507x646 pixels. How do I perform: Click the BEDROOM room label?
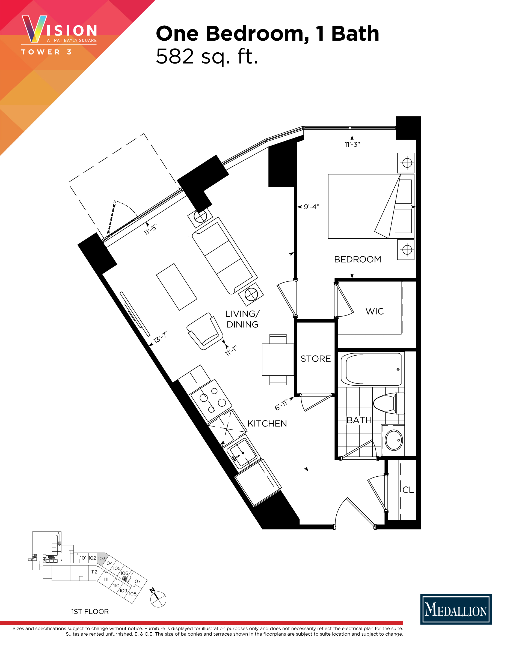(x=357, y=259)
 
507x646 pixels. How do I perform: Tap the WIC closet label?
(x=375, y=311)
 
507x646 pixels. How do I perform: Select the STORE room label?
(x=316, y=359)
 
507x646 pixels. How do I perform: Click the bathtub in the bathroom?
(x=371, y=369)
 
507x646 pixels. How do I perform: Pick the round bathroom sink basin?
(x=394, y=440)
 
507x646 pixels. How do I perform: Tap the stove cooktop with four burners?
(x=211, y=400)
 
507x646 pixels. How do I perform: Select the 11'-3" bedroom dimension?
(x=352, y=144)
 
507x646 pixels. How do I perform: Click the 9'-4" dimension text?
(x=312, y=207)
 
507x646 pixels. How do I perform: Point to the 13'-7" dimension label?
(x=161, y=337)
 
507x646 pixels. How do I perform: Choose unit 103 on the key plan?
(x=102, y=558)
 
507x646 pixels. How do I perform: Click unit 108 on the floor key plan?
(x=133, y=594)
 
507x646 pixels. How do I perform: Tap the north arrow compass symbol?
(x=158, y=599)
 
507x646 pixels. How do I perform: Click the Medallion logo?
(x=456, y=609)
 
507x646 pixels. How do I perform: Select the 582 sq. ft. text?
(x=207, y=56)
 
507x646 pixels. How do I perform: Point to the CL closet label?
(x=408, y=490)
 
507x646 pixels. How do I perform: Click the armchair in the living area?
(x=205, y=331)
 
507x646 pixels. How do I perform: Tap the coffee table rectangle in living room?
(x=177, y=287)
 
